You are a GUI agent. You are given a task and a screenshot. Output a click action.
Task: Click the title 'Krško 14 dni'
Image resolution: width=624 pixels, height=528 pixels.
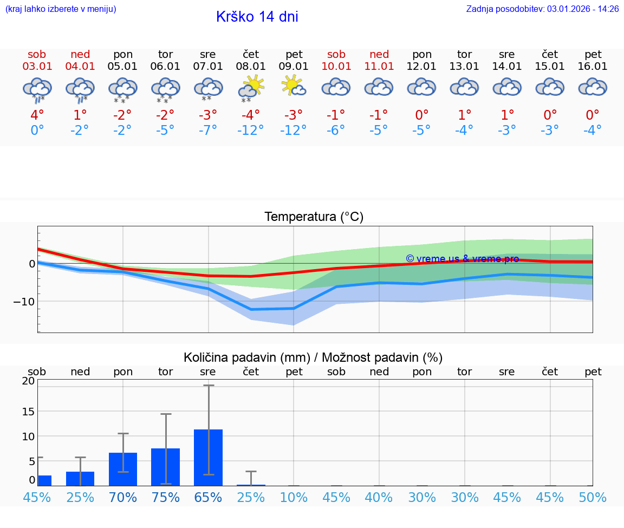point(257,17)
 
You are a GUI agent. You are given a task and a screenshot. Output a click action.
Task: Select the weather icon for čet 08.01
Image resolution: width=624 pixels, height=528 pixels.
point(250,88)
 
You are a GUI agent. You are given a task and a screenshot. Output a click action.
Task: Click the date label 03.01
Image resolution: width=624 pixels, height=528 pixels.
point(37,67)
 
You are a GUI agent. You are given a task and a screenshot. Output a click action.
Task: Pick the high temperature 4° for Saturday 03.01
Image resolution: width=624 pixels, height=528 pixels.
point(37,115)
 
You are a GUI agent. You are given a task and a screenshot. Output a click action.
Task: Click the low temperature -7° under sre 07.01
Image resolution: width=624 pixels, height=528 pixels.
point(208,130)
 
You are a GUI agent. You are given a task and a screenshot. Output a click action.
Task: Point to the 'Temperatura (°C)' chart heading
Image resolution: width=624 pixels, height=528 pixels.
point(314,217)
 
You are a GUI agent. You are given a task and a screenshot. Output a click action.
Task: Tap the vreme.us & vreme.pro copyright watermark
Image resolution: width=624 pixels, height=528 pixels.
point(462,259)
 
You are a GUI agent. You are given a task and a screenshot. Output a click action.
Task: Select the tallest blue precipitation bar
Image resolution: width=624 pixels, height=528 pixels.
point(208,457)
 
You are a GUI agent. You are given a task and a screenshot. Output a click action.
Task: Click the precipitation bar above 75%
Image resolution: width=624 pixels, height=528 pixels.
point(165,466)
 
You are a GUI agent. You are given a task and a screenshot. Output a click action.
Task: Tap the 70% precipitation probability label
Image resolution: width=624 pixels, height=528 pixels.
point(123,497)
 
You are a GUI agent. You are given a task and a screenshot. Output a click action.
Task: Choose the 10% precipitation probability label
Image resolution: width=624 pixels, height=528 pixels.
point(294,497)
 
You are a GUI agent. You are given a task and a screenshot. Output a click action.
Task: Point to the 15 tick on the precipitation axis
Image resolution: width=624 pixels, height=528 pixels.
point(28,411)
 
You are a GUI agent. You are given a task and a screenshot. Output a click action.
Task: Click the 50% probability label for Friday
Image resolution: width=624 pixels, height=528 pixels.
point(593,497)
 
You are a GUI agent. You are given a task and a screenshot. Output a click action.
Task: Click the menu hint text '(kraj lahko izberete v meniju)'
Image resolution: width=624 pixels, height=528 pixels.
point(61,9)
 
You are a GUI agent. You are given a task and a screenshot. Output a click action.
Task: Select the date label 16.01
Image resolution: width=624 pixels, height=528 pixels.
point(593,67)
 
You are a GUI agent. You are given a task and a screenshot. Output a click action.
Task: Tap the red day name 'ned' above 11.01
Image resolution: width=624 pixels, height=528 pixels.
point(379,54)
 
